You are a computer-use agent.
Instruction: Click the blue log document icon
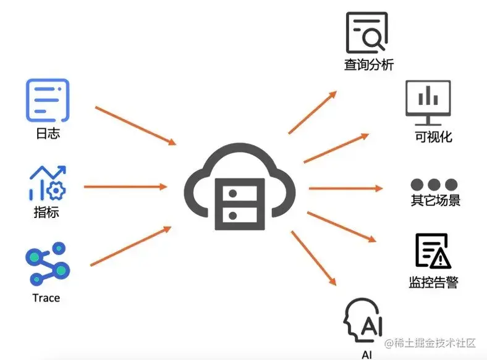[x=48, y=99]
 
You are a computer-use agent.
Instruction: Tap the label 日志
[x=48, y=133]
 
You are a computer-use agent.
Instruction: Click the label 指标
[x=47, y=214]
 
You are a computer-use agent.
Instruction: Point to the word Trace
[x=46, y=298]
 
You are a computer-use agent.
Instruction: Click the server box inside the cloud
[x=240, y=203]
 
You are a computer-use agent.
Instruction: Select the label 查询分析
[x=369, y=64]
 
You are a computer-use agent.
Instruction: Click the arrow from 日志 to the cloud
[x=135, y=126]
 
